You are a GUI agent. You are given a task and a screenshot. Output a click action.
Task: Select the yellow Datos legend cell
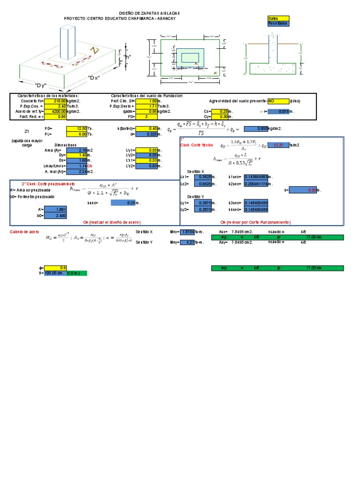coord(278,18)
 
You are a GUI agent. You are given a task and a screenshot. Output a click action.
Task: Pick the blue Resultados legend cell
coord(278,23)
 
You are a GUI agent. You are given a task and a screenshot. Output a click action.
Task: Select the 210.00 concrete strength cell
coord(56,101)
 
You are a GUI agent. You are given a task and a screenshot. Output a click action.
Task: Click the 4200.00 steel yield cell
coord(56,111)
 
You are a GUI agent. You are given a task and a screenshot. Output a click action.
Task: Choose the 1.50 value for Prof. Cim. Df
coord(147,101)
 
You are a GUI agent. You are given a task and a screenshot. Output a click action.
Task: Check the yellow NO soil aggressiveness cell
coord(278,101)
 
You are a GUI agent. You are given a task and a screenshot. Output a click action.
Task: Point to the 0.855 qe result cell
coord(257,128)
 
